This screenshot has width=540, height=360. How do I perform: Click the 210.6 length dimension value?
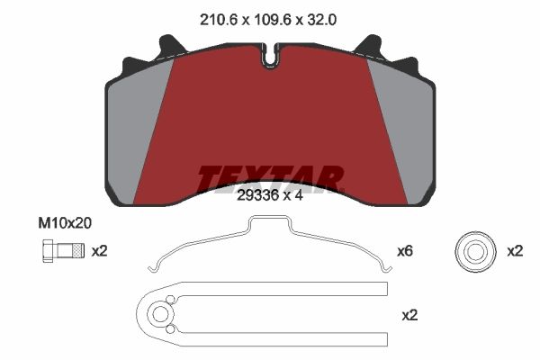pos(219,20)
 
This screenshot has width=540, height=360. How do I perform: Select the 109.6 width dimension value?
pos(273,20)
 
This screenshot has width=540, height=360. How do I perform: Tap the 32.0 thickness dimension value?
pos(321,20)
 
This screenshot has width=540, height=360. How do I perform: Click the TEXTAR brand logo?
pos(271,179)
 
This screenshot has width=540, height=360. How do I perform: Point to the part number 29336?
pos(257,195)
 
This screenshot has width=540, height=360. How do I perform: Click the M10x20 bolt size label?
pos(65,223)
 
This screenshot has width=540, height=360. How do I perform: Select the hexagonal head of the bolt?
pos(48,251)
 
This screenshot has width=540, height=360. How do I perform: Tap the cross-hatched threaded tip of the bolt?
pos(79,250)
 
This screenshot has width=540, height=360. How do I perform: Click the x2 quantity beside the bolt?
pos(100,251)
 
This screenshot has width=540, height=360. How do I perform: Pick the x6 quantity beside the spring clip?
pos(405,251)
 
